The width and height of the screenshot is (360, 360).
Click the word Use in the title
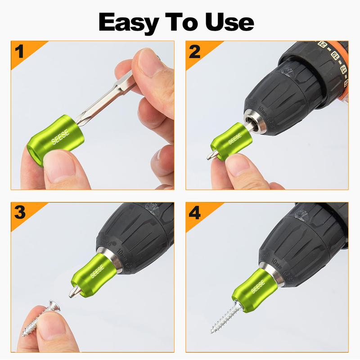(228, 22)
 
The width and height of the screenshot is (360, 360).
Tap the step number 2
(195, 51)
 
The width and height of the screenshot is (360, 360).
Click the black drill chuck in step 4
(306, 247)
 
